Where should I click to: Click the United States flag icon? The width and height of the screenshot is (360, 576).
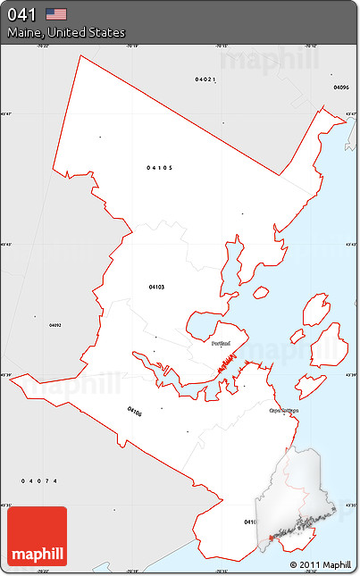(x=56, y=13)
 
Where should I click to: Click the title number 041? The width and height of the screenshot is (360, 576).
(x=21, y=14)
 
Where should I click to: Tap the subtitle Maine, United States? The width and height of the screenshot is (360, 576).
(x=66, y=32)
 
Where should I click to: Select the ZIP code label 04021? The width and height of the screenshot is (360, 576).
(x=205, y=79)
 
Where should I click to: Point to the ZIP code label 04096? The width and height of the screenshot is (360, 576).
(x=340, y=88)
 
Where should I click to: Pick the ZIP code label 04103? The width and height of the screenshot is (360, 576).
(x=156, y=287)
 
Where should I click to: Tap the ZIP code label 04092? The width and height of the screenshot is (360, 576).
(x=55, y=325)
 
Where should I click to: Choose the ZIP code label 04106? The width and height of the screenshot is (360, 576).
(x=134, y=412)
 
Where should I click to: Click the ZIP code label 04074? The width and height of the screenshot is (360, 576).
(x=40, y=480)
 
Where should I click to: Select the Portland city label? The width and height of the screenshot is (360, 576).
(x=222, y=343)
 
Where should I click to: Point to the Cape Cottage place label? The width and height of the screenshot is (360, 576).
(x=283, y=411)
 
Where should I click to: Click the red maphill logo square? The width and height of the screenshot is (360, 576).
(x=37, y=537)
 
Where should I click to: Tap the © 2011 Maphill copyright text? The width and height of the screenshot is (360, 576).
(x=321, y=565)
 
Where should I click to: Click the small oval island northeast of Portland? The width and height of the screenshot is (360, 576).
(x=261, y=292)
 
